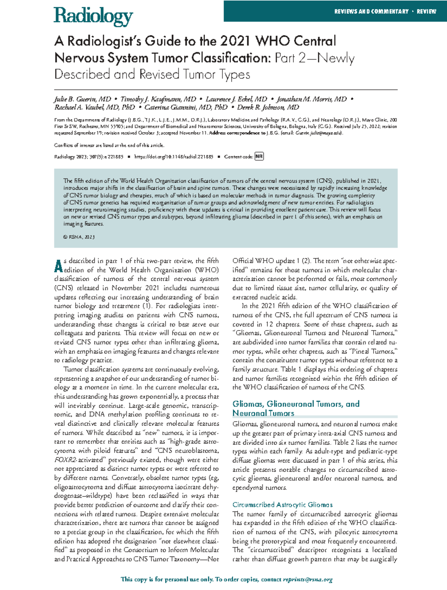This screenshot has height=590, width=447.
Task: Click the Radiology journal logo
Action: click(93, 16)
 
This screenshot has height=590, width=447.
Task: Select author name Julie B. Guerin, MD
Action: click(82, 99)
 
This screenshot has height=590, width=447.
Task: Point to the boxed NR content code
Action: click(259, 157)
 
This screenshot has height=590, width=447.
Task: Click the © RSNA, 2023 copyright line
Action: click(79, 237)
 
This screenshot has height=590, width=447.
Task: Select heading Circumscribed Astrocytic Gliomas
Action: click(282, 505)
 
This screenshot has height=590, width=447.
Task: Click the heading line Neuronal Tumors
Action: click(263, 413)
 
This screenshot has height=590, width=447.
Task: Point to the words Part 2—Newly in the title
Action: click(314, 58)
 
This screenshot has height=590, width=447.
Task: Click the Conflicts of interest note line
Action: click(109, 145)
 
